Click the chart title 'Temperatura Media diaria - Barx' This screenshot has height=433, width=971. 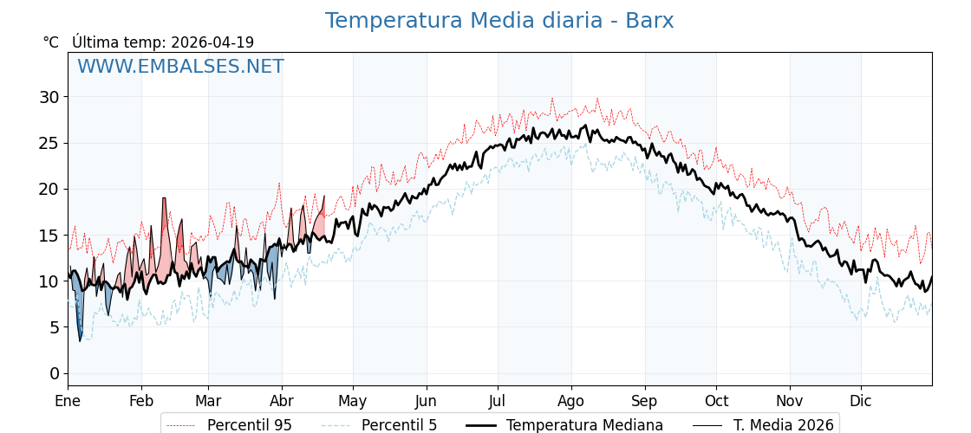click(x=499, y=21)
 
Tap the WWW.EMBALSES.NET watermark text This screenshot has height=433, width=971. click(x=180, y=67)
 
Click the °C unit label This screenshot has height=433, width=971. click(x=51, y=42)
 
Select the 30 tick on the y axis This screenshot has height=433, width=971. click(x=49, y=97)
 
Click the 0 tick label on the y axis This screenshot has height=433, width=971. click(x=54, y=373)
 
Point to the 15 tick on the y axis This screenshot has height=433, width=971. click(x=49, y=236)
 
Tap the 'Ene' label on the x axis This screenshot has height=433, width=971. click(x=68, y=401)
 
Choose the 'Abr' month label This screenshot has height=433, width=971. click(x=282, y=401)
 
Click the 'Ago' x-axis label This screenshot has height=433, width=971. click(x=571, y=401)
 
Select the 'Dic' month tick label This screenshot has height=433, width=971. click(x=861, y=401)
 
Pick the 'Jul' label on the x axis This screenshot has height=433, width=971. click(x=498, y=401)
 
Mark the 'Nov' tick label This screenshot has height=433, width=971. click(x=790, y=401)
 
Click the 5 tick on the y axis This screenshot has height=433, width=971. click(x=54, y=327)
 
